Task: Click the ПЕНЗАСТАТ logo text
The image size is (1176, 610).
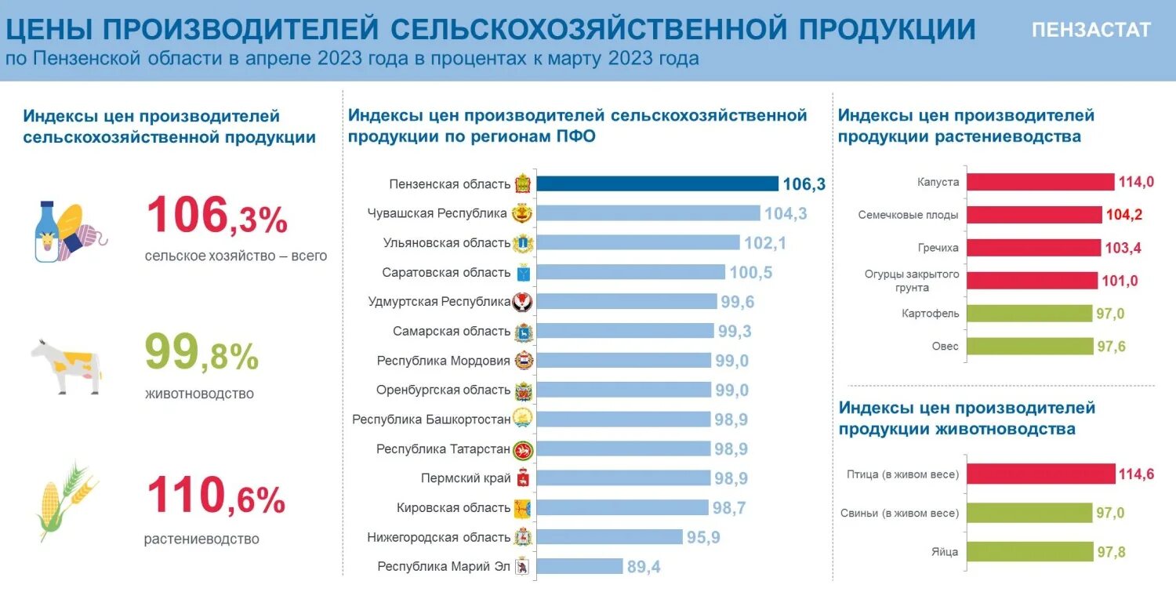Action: (1091, 30)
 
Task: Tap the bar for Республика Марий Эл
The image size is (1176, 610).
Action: (580, 566)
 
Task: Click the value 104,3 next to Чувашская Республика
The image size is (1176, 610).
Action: (786, 213)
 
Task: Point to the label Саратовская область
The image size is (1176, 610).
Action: (446, 272)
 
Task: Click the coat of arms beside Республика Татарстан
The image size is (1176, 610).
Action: (523, 449)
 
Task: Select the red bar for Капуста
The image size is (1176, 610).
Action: (1040, 182)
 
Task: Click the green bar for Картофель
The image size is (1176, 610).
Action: (1029, 314)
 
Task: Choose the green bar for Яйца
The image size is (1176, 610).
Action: (1029, 552)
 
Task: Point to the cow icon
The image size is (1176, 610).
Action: (67, 365)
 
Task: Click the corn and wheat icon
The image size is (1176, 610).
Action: (62, 501)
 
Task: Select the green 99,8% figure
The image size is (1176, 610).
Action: (201, 355)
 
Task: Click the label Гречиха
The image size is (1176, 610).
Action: (939, 248)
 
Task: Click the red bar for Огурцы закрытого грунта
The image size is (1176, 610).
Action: (1032, 281)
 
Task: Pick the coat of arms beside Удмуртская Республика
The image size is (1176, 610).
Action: (523, 302)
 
